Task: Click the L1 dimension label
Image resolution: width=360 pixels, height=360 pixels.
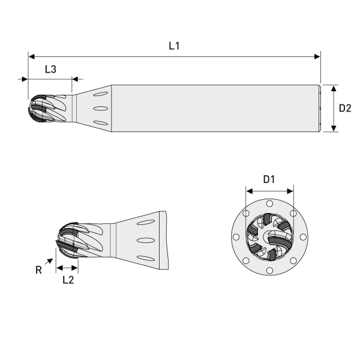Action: pyautogui.click(x=174, y=46)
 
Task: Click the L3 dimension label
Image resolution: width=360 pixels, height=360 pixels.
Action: pyautogui.click(x=50, y=69)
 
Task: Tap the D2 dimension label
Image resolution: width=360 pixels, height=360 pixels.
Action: pyautogui.click(x=345, y=108)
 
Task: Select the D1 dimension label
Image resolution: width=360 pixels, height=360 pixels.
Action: pyautogui.click(x=269, y=179)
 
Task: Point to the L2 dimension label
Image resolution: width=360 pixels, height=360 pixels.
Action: pyautogui.click(x=68, y=280)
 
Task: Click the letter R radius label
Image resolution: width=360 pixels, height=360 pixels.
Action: pyautogui.click(x=38, y=271)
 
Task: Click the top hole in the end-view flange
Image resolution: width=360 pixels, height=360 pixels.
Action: pyautogui.click(x=270, y=204)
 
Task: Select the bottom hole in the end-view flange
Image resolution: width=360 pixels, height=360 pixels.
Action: pyautogui.click(x=270, y=271)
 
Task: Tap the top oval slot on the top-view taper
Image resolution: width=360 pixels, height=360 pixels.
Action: pyautogui.click(x=102, y=94)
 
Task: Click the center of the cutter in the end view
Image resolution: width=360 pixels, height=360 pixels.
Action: pyautogui.click(x=270, y=237)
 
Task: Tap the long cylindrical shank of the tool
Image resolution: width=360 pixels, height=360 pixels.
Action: pyautogui.click(x=216, y=108)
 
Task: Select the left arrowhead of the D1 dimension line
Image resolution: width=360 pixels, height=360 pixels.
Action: pyautogui.click(x=248, y=191)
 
